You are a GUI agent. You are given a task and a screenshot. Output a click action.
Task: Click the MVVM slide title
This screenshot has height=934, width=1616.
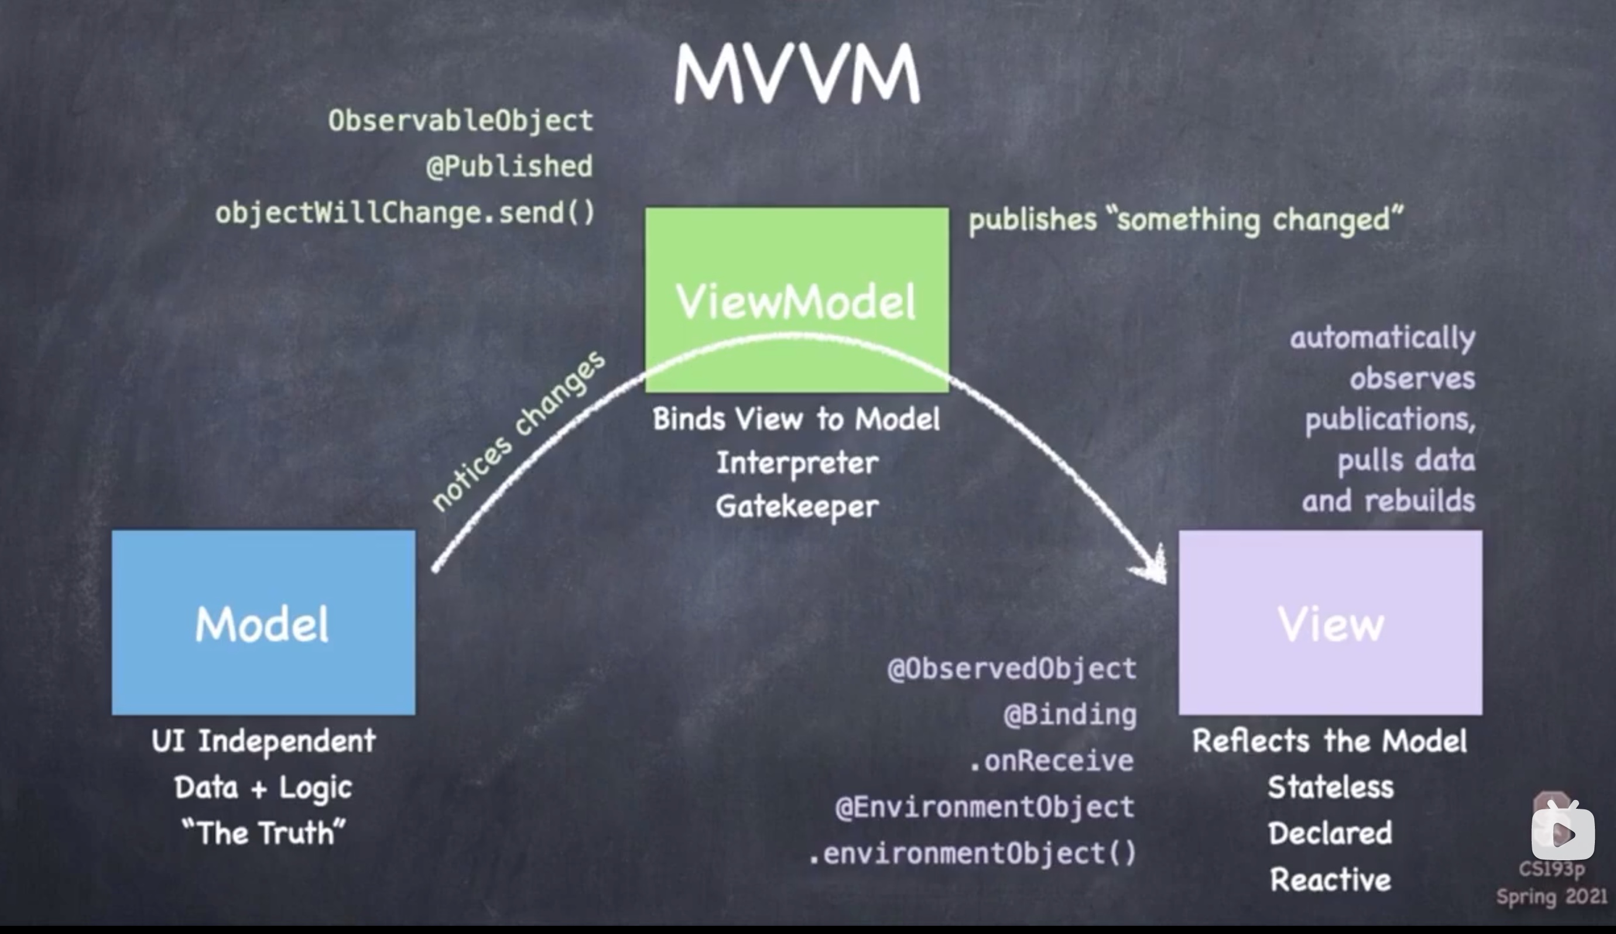[797, 73]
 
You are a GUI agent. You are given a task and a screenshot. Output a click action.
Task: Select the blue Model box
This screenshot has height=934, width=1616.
[263, 622]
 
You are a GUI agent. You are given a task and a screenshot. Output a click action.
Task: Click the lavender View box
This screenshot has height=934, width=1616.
[1330, 622]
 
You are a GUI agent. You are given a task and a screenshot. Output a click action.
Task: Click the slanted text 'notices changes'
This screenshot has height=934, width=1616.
[518, 431]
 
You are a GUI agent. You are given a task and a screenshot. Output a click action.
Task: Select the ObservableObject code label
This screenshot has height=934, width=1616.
[460, 121]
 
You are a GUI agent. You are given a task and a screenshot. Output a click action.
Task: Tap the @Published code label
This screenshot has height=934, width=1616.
[509, 167]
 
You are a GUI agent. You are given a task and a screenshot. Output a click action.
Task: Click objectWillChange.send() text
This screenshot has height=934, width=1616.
[405, 214]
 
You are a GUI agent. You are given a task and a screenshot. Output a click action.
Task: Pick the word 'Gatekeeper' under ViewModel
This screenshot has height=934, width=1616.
[796, 507]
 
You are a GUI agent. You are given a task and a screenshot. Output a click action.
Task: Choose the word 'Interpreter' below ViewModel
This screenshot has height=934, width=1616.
[796, 463]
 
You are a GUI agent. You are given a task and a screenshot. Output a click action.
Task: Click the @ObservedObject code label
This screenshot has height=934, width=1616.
[1012, 669]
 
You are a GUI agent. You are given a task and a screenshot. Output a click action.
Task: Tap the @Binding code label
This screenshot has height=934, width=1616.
[1070, 715]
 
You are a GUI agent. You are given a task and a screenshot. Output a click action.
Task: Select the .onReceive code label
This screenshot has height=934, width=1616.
[1052, 761]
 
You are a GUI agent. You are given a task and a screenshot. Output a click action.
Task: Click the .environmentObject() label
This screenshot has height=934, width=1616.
[972, 854]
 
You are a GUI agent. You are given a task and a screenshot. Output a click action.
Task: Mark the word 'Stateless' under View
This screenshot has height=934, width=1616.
[1330, 787]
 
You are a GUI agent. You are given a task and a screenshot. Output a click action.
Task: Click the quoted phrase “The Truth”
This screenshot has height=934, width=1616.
[263, 833]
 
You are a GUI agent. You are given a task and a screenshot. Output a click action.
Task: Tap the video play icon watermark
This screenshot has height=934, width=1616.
[1563, 833]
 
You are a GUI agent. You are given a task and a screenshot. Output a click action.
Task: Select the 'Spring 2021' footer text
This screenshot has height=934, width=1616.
[1552, 896]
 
